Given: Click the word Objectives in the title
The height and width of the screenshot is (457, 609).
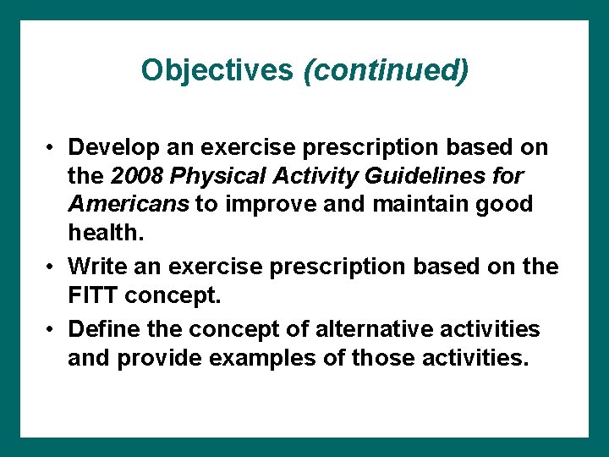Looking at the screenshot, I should click(x=217, y=69).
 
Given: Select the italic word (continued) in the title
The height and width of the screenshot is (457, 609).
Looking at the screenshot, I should click(x=385, y=70).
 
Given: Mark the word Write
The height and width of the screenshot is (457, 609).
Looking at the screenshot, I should click(x=95, y=267).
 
